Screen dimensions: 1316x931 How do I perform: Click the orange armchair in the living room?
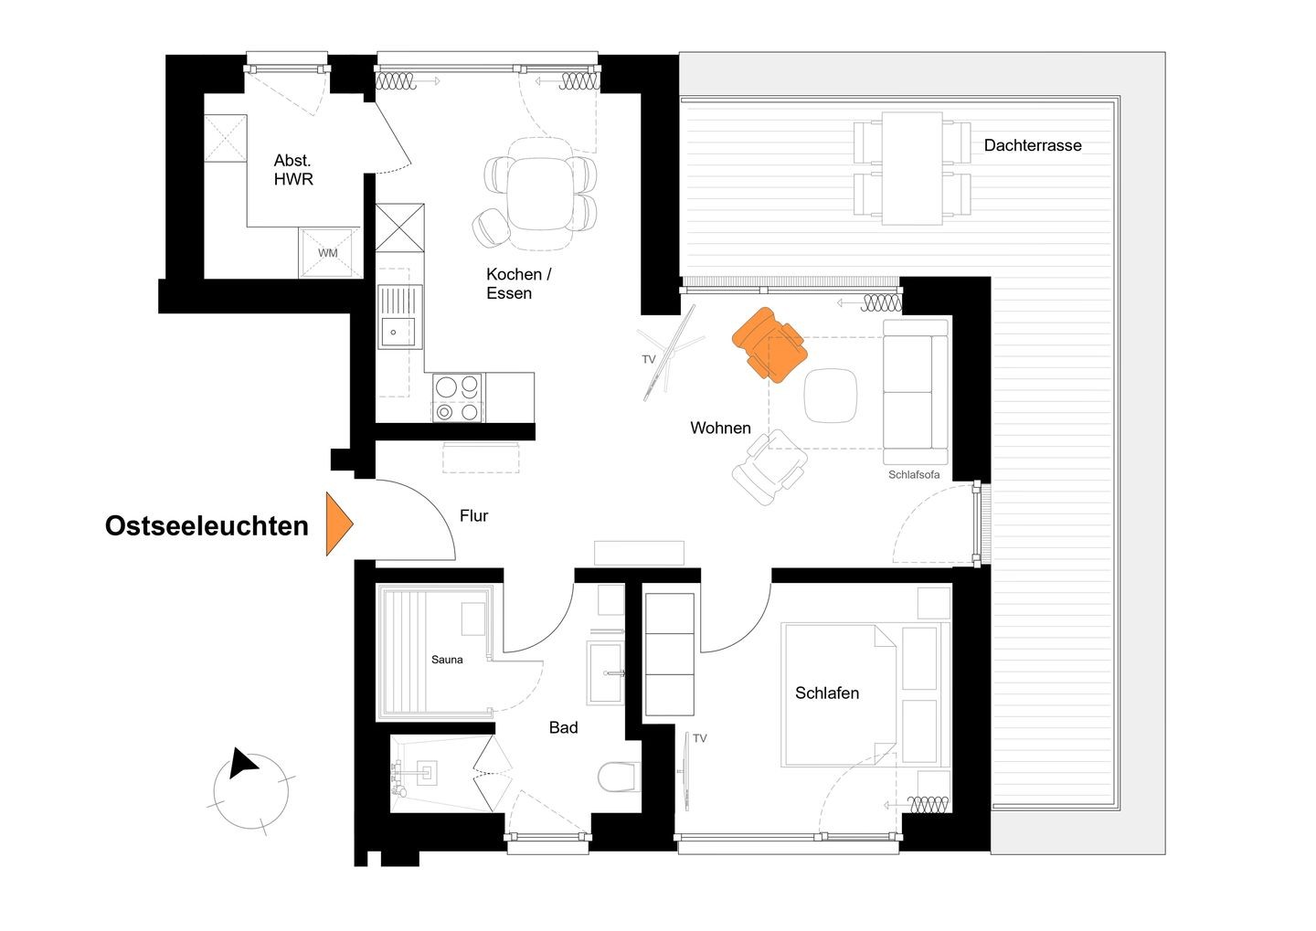[769, 345]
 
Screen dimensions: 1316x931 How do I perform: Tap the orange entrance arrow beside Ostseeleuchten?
[339, 524]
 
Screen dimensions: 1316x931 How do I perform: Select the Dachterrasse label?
[1033, 145]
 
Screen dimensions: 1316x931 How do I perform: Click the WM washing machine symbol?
[329, 252]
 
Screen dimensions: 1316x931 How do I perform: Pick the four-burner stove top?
[458, 397]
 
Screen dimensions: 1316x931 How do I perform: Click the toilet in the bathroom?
[619, 777]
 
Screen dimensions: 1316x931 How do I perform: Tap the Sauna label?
[447, 660]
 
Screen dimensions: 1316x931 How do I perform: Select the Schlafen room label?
[826, 693]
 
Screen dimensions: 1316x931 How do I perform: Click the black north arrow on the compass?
[242, 763]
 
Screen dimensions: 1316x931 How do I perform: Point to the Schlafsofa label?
[914, 474]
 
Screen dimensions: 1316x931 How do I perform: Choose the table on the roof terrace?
[912, 169]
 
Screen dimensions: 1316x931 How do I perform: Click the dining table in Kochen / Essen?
[540, 194]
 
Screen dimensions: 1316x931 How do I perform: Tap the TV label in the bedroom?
[699, 738]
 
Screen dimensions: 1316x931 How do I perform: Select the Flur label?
[473, 515]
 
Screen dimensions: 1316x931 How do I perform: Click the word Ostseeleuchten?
[207, 526]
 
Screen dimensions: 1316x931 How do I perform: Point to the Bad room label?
[563, 728]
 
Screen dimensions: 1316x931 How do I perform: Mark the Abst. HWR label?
[293, 170]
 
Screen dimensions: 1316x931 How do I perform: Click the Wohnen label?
[720, 428]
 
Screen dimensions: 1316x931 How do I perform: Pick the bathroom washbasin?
[605, 672]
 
